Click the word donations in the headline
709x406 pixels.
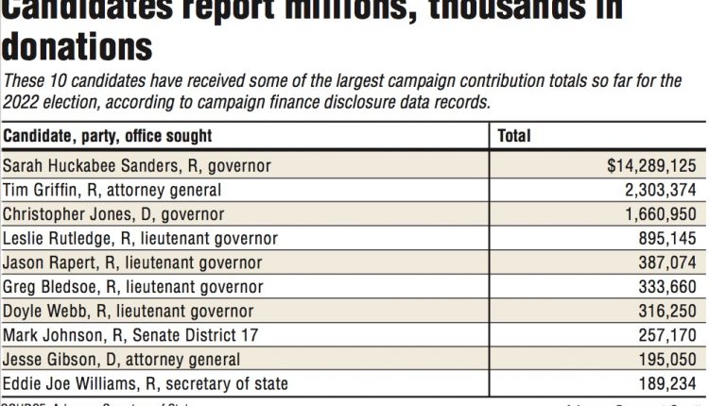(78, 46)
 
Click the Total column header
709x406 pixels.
(514, 137)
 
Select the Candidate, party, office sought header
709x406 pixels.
(108, 137)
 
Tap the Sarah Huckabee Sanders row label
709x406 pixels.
(137, 166)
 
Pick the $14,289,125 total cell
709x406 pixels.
(652, 166)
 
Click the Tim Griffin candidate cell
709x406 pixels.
(112, 190)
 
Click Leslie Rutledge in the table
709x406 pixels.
(141, 239)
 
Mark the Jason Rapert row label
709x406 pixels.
(133, 262)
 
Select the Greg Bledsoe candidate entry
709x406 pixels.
(133, 287)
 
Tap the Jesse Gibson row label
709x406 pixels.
(122, 360)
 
